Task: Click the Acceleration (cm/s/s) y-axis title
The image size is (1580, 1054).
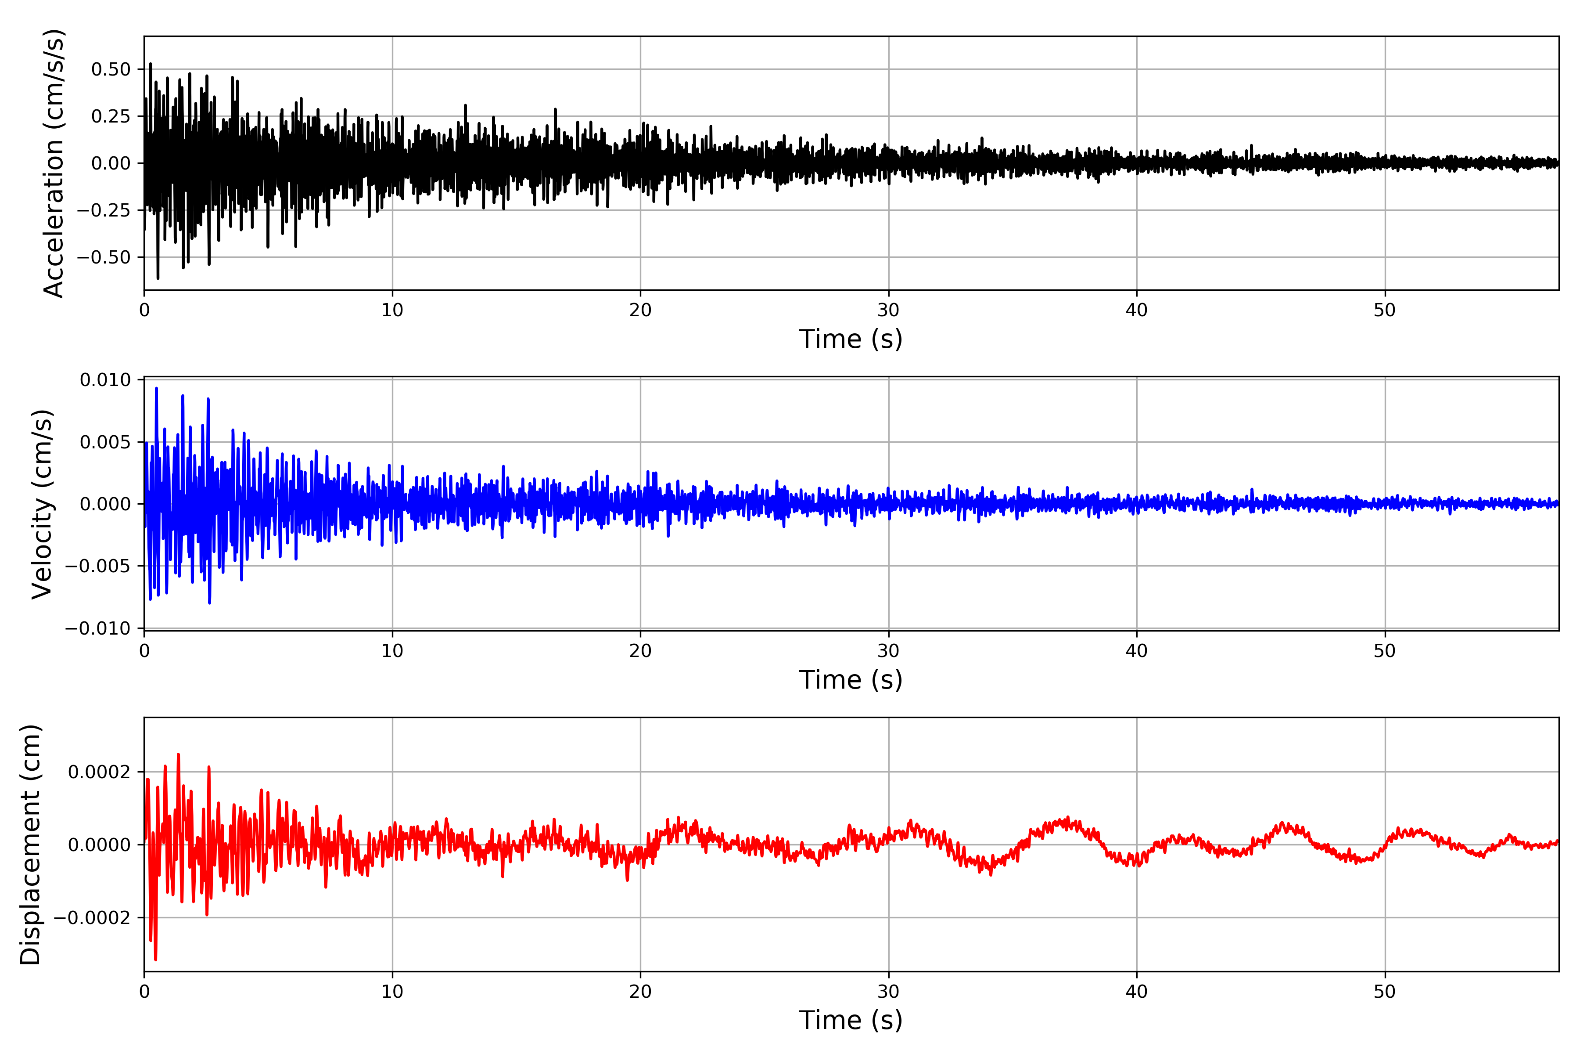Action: pos(54,163)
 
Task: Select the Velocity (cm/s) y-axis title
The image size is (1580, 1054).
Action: pos(42,504)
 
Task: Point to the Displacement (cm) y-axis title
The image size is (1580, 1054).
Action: pos(31,845)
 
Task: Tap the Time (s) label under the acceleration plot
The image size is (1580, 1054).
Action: pos(851,339)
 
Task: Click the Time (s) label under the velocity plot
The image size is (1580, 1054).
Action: pos(851,679)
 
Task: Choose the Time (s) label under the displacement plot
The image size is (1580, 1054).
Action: pos(851,1020)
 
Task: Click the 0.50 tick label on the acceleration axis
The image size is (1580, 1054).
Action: pos(111,69)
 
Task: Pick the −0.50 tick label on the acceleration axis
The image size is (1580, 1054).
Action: pos(104,257)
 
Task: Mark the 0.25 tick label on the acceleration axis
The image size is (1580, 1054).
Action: pos(111,116)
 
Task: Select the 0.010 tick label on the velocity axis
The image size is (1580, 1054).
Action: pos(105,380)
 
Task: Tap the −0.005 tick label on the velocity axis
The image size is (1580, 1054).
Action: pos(98,566)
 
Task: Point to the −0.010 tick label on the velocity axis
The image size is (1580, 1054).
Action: pos(98,628)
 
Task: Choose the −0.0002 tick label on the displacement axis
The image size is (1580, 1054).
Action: pos(92,918)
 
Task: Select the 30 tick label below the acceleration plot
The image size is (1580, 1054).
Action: pos(888,310)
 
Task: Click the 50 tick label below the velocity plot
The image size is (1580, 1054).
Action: pos(1385,651)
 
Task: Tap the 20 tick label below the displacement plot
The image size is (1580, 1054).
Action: pos(640,992)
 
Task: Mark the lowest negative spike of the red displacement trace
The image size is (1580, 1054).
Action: pos(155,959)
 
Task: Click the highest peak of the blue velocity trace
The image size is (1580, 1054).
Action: pos(157,389)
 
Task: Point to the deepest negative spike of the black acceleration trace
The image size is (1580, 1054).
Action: pos(158,278)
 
